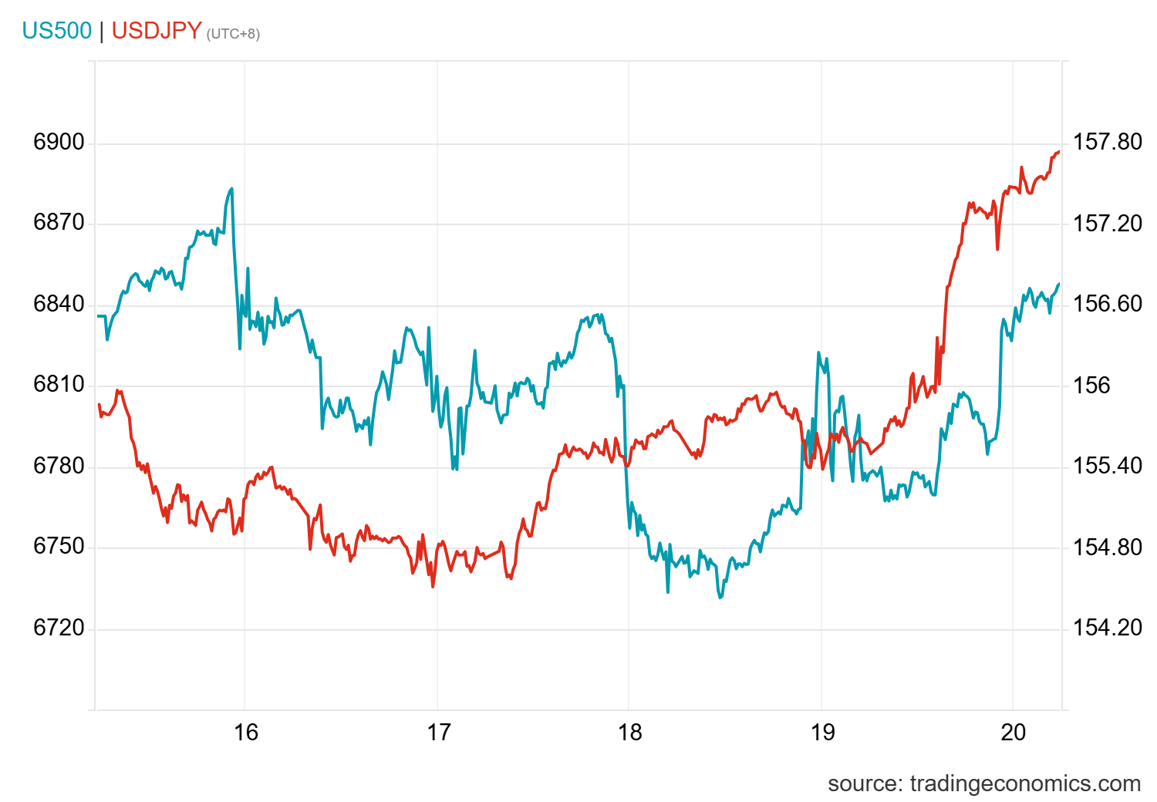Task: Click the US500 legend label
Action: (56, 31)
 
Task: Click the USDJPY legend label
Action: (157, 31)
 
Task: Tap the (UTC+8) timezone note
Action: (233, 34)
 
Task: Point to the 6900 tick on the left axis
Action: (59, 142)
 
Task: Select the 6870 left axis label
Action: (59, 223)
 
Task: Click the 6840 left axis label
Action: (59, 304)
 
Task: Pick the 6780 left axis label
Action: (59, 466)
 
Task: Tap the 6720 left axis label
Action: (59, 628)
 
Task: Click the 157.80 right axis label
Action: (1108, 142)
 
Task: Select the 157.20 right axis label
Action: (1108, 224)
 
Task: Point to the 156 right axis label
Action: (1091, 385)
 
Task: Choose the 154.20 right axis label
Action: (1108, 628)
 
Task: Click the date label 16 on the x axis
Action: (245, 732)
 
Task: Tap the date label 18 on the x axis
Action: (629, 732)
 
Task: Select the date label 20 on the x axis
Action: (1014, 732)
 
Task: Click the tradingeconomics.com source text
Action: (983, 783)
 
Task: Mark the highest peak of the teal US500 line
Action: (231, 188)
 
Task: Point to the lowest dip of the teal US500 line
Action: (720, 598)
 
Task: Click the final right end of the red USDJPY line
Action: (1059, 152)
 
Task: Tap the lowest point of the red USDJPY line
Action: (433, 587)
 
